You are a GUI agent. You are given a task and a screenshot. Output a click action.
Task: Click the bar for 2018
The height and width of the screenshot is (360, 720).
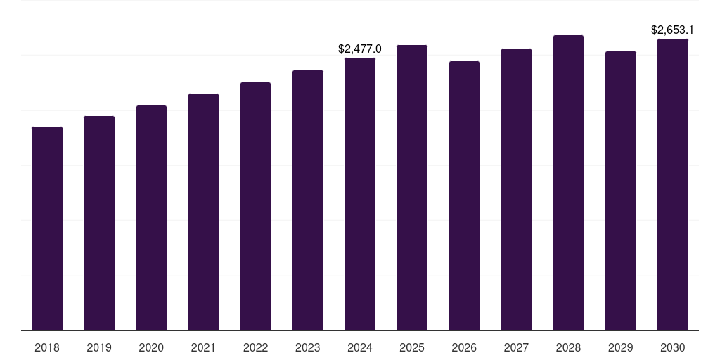point(47,229)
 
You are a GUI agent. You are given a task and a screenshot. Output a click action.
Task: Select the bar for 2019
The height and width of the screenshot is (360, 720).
point(99,223)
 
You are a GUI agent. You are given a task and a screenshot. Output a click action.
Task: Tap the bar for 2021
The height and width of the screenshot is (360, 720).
point(203,212)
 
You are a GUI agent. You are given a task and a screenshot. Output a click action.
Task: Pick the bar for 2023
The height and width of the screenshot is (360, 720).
point(308,200)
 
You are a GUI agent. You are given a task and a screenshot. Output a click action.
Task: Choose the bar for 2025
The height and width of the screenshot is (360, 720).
point(412,188)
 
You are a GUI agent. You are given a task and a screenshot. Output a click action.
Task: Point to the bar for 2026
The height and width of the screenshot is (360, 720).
point(464,196)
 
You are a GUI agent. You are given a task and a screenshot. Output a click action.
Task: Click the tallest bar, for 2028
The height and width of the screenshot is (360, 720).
point(568,183)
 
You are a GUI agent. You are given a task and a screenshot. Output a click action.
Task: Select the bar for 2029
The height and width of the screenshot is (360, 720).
point(621,191)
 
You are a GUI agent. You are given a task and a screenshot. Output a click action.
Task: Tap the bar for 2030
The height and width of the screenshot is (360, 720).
point(673,185)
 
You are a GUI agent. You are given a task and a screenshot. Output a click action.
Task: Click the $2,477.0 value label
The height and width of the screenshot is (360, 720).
point(359,49)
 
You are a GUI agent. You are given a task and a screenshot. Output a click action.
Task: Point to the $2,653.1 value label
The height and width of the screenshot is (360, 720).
point(672,30)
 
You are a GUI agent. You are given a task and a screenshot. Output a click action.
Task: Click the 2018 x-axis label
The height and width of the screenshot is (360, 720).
point(47,347)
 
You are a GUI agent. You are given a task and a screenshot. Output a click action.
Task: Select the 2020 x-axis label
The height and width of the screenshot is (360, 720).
point(151,347)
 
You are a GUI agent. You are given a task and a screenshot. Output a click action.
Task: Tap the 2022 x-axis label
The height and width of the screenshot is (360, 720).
point(255,347)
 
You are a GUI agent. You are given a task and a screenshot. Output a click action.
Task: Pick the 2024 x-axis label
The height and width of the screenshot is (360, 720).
point(360,347)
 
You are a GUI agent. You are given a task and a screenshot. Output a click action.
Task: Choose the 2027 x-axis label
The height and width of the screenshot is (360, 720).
point(516,347)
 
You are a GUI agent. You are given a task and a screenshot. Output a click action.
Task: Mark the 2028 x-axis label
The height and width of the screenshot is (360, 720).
point(568,347)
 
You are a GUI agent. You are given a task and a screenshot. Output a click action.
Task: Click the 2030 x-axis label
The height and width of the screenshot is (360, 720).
point(673,347)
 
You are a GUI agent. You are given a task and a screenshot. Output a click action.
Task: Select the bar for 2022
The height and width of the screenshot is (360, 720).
point(255,207)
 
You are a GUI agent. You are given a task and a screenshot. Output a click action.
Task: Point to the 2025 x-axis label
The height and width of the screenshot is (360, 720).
point(412,347)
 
